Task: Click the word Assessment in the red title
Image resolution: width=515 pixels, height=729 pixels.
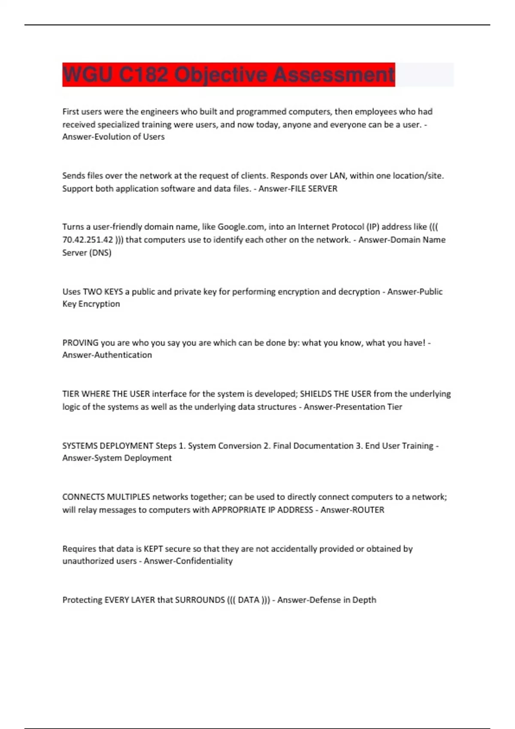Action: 333,75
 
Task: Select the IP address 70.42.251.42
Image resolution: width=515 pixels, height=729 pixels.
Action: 88,240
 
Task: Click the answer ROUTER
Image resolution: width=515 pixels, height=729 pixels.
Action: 368,510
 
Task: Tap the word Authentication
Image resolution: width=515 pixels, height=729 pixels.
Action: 121,355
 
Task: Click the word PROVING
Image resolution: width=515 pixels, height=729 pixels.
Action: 80,343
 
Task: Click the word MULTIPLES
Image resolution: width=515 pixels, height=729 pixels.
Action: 128,497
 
